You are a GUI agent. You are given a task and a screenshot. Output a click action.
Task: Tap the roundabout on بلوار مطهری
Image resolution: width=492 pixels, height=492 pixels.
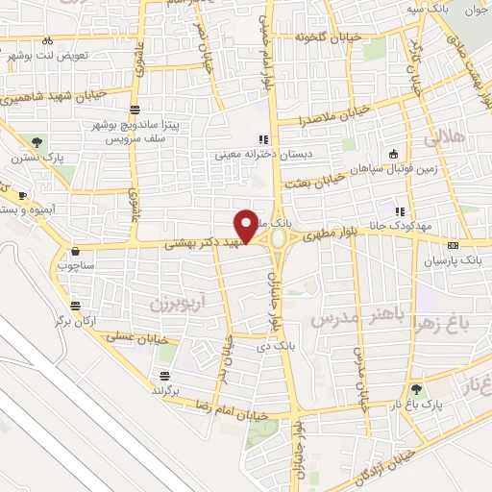(x=279, y=237)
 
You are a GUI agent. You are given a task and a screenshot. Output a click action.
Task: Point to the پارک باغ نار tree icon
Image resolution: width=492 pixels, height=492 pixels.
(x=416, y=389)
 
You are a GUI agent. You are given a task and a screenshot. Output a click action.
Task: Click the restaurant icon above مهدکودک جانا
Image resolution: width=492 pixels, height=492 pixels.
(x=399, y=211)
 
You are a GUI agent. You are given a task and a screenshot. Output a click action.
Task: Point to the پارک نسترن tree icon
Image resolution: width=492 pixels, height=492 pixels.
(x=37, y=142)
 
